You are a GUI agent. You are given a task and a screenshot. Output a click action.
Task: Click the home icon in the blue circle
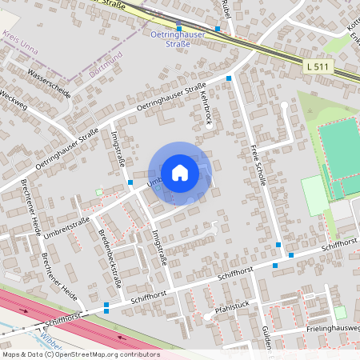pos(180,172)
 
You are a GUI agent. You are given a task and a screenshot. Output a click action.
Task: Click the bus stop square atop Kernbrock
pos(229,78)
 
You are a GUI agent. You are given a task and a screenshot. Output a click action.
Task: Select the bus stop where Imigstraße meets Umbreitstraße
pos(130,182)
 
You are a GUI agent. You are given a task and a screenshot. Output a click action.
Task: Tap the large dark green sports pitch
pos(340,146)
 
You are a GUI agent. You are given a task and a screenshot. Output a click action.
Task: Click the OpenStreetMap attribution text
pos(70,354)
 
